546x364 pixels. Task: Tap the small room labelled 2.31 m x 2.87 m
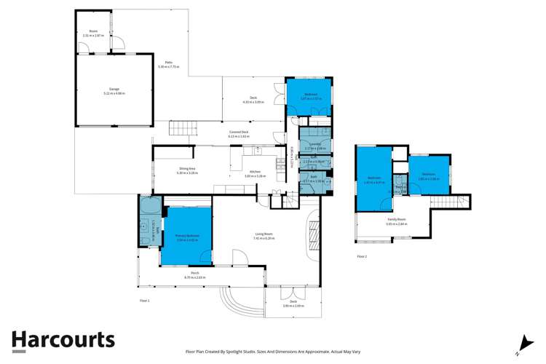[x=93, y=33]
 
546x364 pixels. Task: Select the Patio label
[x=168, y=64]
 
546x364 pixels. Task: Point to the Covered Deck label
[x=239, y=133]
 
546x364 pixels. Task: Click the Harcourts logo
[x=63, y=340]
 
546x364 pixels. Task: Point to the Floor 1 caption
[x=144, y=300]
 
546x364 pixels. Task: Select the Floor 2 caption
[x=362, y=257]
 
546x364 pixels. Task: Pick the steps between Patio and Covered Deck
[x=183, y=129]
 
